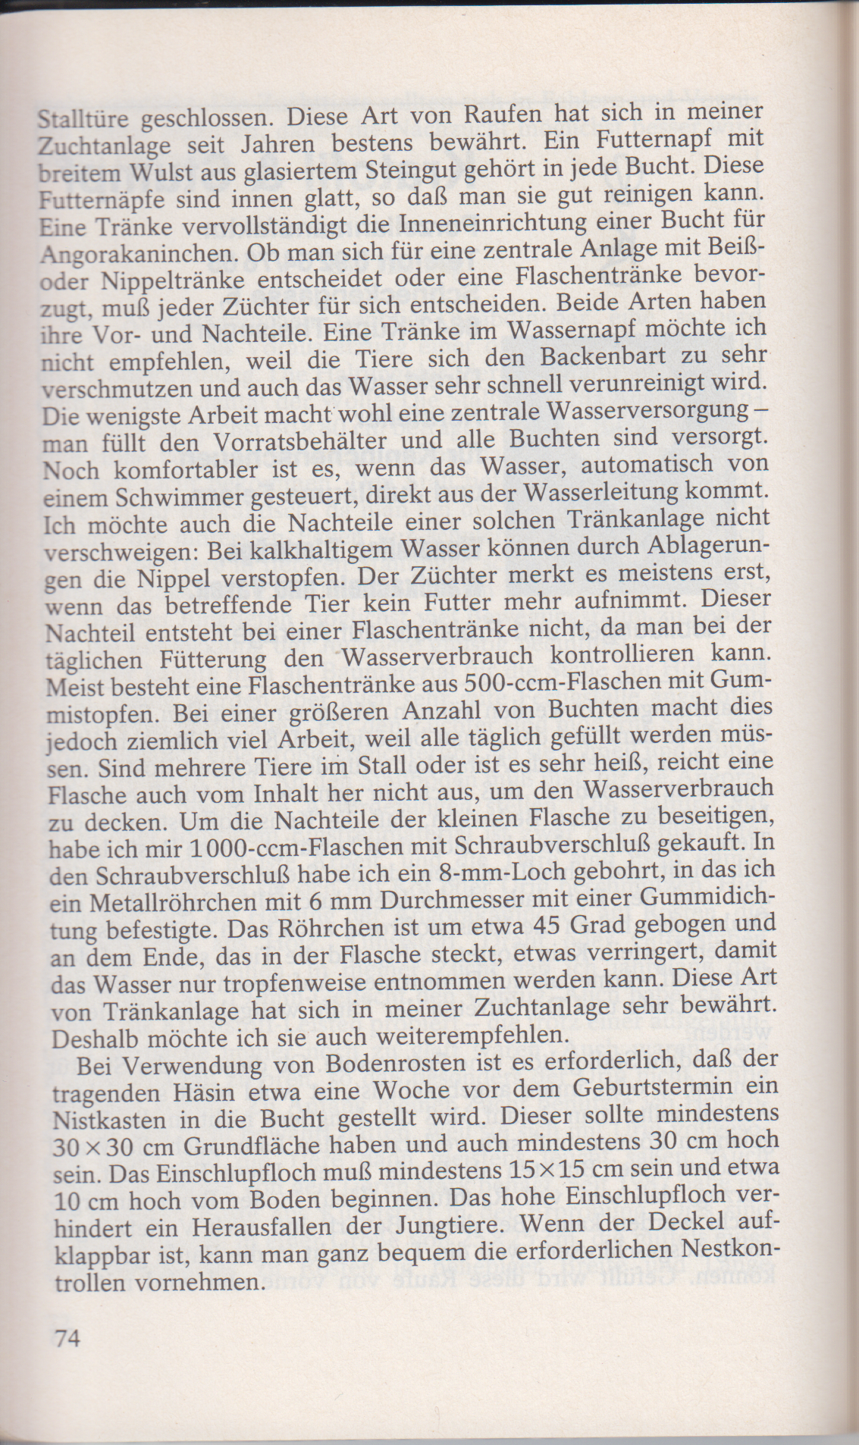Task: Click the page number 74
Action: pyautogui.click(x=66, y=1337)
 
